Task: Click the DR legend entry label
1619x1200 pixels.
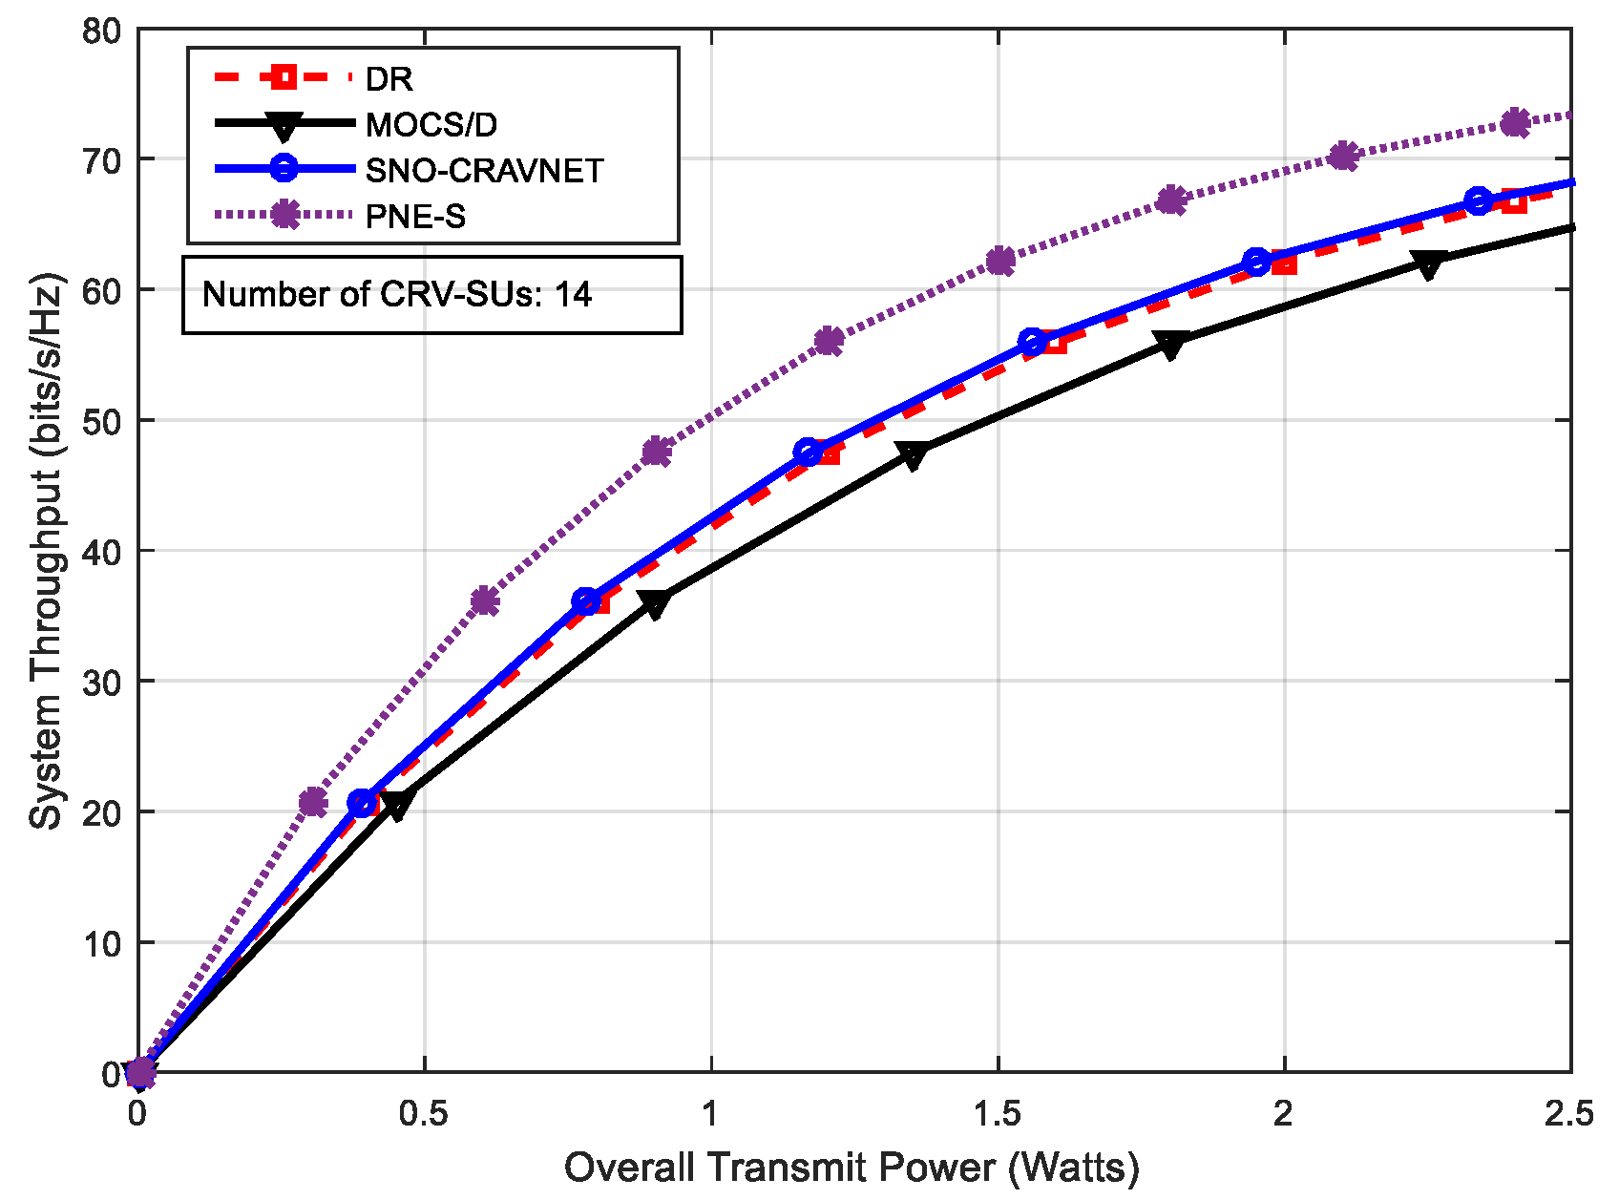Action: coord(389,79)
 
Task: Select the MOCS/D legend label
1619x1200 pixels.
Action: coord(431,125)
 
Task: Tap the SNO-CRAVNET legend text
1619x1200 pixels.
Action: coord(484,171)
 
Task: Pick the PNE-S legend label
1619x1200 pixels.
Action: coord(415,217)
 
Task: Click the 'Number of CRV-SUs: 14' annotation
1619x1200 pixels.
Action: coord(397,294)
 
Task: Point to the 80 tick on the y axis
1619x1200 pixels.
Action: coord(102,31)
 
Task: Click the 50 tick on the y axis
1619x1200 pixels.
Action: coord(102,421)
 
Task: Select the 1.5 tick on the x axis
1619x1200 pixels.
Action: coord(997,1114)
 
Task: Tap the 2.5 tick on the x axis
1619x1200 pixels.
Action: coord(1569,1114)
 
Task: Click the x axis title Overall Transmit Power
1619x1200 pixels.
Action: coord(852,1168)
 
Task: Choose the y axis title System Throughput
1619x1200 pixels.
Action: coord(45,551)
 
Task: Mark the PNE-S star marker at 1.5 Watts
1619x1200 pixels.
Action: coord(999,261)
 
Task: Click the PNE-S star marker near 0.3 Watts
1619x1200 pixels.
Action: coord(312,802)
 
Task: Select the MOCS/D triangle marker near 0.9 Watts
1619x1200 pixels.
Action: coord(655,604)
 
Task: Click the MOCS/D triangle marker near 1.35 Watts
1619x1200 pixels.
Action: coord(914,456)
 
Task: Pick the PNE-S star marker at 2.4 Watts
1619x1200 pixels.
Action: coord(1515,123)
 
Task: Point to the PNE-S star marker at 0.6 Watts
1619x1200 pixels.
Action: coord(485,601)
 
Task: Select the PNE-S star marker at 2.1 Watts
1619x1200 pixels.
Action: coord(1343,156)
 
